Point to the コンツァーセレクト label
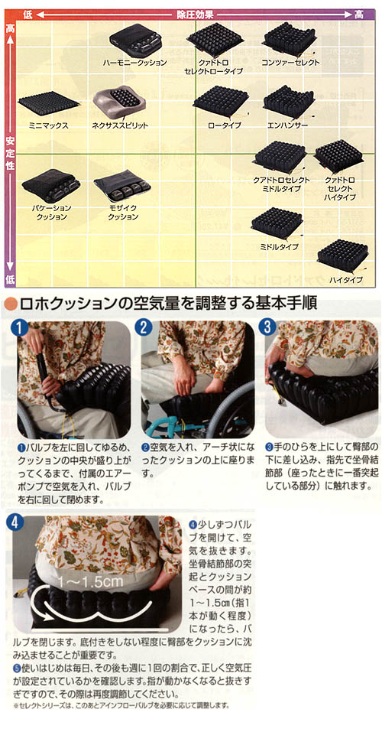(x=290, y=62)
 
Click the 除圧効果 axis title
(x=192, y=14)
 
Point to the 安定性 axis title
(x=9, y=152)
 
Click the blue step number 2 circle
(x=143, y=327)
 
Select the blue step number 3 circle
(x=267, y=327)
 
